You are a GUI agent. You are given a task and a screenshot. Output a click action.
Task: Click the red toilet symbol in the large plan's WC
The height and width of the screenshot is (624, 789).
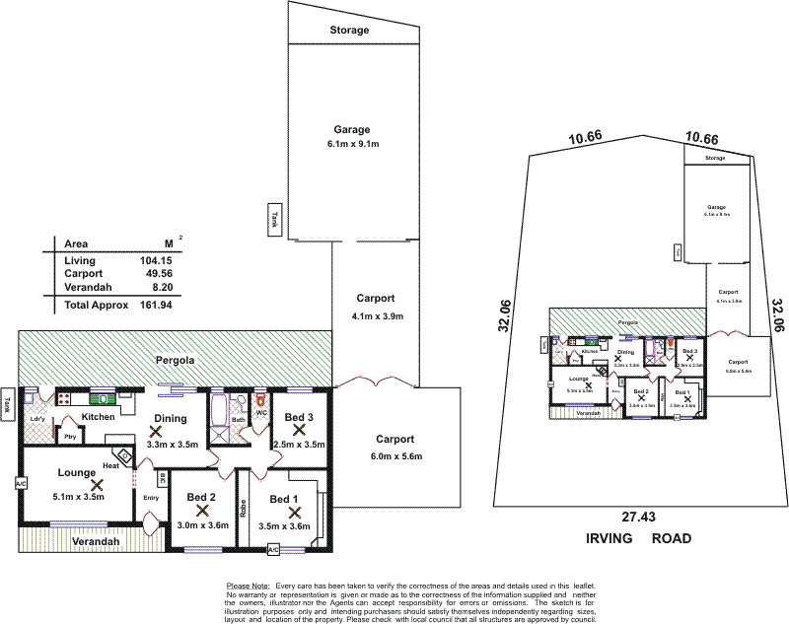tap(260, 402)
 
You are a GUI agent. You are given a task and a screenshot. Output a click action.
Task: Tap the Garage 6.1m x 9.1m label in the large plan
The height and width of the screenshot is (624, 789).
tap(351, 136)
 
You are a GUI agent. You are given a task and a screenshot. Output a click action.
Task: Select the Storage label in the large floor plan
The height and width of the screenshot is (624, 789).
tap(349, 31)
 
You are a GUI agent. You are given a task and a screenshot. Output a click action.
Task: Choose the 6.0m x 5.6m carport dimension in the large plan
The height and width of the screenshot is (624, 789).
tap(396, 456)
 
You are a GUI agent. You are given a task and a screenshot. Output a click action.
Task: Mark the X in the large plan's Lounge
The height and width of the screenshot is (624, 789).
tap(97, 484)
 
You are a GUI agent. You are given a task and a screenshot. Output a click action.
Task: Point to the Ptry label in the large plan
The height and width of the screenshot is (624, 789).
tap(70, 437)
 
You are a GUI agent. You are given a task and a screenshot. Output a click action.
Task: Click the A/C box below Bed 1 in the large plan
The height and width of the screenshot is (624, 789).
tap(273, 548)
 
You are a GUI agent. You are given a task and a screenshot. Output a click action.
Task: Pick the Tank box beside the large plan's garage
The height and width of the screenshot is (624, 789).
tap(277, 216)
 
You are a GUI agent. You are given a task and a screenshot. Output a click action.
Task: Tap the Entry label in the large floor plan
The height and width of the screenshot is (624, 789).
tap(151, 497)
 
